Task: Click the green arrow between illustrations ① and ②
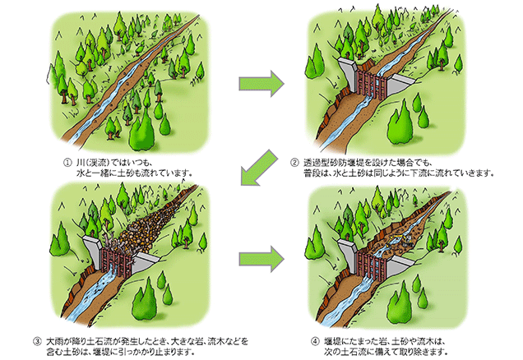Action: (x=260, y=82)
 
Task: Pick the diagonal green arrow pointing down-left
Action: (x=260, y=172)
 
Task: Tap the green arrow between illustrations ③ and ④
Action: (x=260, y=257)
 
